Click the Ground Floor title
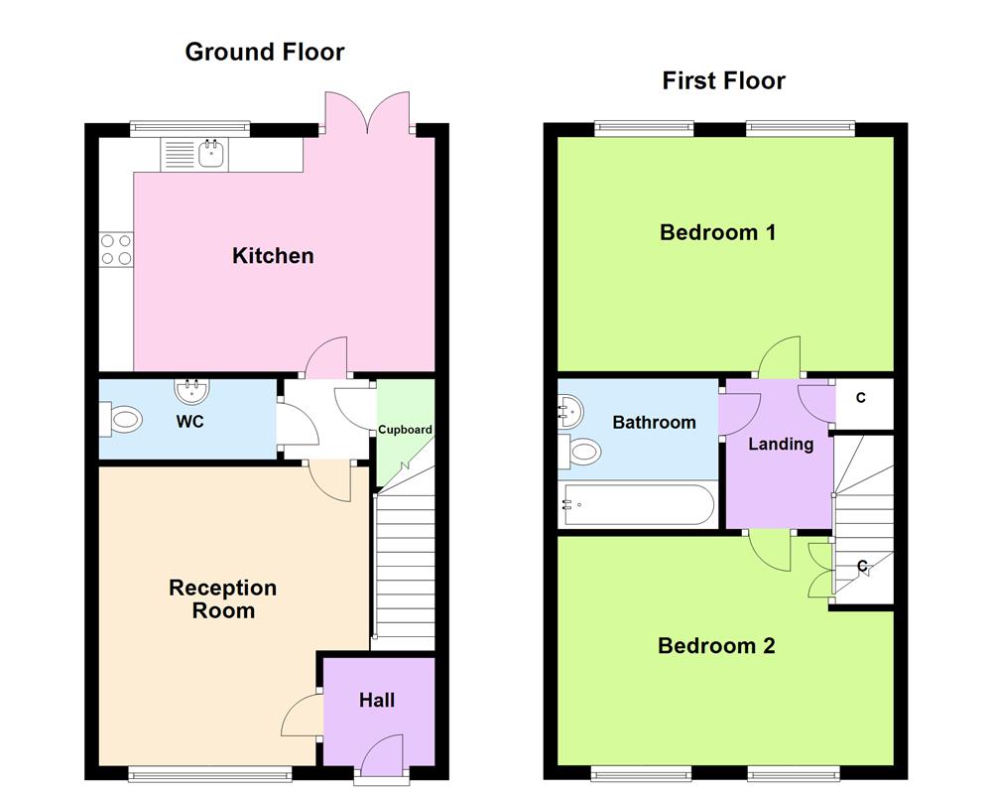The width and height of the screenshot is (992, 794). (x=264, y=52)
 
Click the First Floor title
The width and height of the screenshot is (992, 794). (x=723, y=80)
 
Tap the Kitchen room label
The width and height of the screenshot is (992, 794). (x=273, y=256)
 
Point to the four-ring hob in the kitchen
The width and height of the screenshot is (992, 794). (x=116, y=248)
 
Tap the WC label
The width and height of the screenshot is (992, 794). (x=189, y=422)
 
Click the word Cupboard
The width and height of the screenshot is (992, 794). (x=405, y=430)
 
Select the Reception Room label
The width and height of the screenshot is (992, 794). (x=222, y=598)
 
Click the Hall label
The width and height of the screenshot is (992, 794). (x=377, y=701)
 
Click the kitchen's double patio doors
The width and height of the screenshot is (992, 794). (x=367, y=111)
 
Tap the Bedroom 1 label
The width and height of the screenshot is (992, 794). (x=717, y=233)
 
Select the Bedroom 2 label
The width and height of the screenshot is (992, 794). (x=716, y=646)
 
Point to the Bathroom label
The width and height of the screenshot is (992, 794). (x=654, y=422)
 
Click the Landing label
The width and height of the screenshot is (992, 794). (x=781, y=444)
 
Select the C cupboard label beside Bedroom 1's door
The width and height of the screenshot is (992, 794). (x=861, y=398)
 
